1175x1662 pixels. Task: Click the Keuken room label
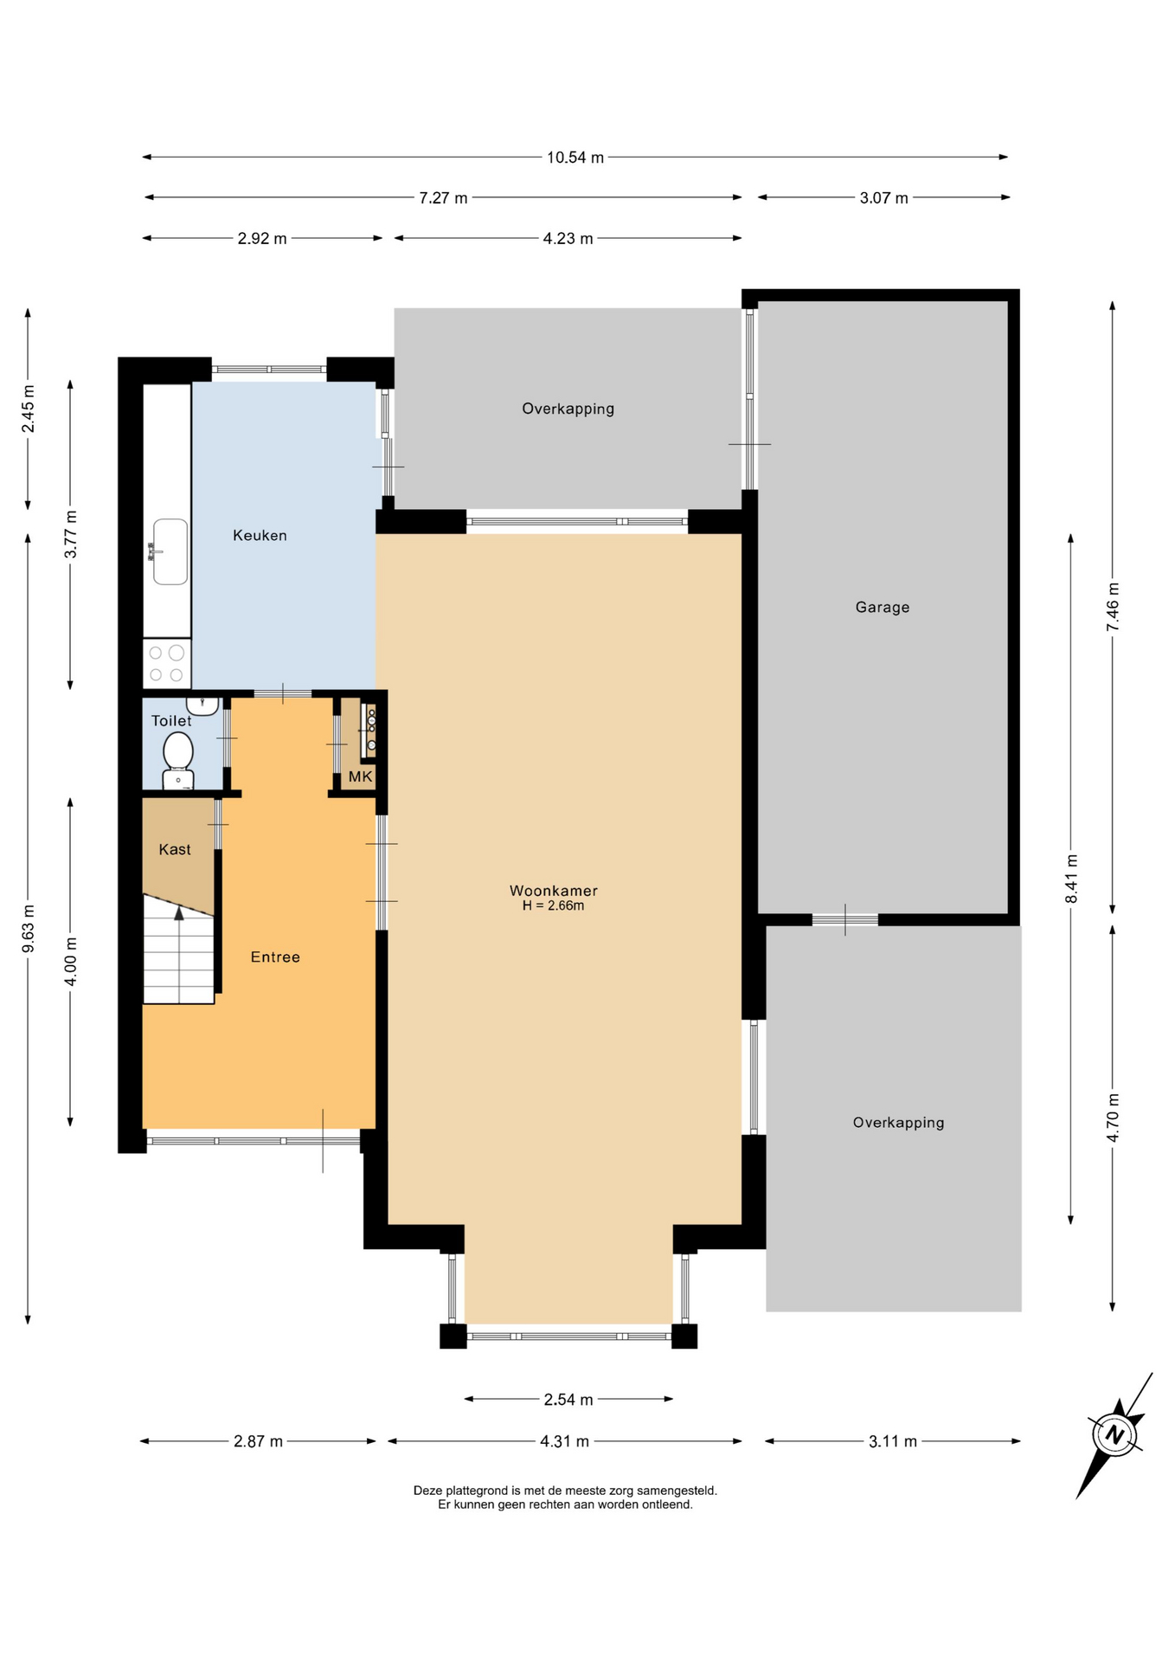(260, 536)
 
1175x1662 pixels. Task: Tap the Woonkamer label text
(554, 891)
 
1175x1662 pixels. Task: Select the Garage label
(883, 608)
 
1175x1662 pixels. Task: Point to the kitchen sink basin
(170, 551)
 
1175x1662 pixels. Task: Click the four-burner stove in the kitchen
(166, 663)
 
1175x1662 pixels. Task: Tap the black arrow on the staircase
(179, 912)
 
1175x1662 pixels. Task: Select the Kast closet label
(175, 850)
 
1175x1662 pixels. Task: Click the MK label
(361, 776)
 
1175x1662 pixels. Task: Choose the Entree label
(275, 957)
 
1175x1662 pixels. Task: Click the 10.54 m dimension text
(575, 158)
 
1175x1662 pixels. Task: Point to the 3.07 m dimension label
(884, 198)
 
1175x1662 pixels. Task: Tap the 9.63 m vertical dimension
(29, 929)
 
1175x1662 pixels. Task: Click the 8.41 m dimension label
(1072, 879)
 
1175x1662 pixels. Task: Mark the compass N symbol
(1115, 1435)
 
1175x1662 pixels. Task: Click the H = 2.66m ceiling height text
(554, 906)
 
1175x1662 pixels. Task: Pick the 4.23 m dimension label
(568, 239)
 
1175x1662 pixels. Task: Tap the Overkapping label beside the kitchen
(568, 409)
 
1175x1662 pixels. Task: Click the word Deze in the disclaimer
(427, 1491)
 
